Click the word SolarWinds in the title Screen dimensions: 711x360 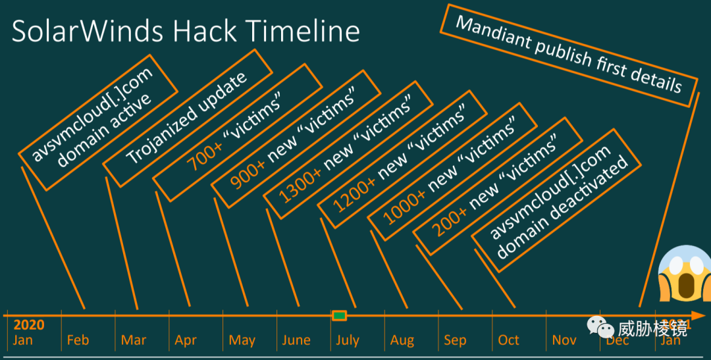click(x=87, y=31)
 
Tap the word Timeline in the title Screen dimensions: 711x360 click(x=303, y=31)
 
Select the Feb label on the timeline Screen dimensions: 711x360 click(x=78, y=340)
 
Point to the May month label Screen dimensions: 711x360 click(x=242, y=340)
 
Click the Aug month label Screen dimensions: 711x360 click(x=402, y=340)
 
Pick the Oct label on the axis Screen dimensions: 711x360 click(x=508, y=340)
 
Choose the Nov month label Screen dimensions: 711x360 click(x=564, y=340)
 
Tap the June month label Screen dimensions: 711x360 click(x=296, y=340)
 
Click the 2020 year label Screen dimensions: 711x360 click(x=29, y=325)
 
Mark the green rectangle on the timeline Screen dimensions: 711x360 click(x=339, y=315)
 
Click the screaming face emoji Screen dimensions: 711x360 click(x=684, y=274)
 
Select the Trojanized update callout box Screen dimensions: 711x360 click(x=188, y=118)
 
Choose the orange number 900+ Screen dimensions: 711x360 click(x=247, y=174)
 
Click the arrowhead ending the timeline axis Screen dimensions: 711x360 click(x=698, y=315)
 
